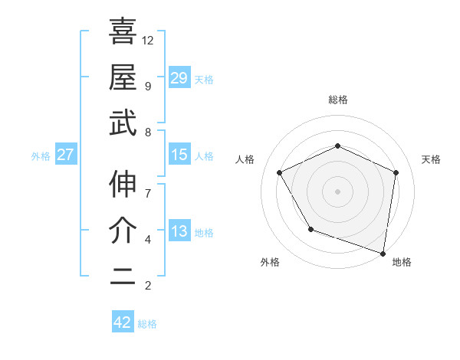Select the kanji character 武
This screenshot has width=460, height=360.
click(x=123, y=123)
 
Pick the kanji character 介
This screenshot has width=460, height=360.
click(x=123, y=230)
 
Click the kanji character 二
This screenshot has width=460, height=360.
click(x=123, y=277)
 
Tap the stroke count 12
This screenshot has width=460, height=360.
click(x=149, y=40)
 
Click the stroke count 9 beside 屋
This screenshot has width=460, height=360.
click(x=147, y=86)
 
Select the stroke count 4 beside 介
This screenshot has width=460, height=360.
click(x=147, y=240)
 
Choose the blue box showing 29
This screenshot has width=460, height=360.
click(x=179, y=77)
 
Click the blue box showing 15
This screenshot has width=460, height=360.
click(x=179, y=155)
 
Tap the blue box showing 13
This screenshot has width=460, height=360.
click(x=179, y=231)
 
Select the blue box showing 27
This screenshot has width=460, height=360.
click(x=66, y=155)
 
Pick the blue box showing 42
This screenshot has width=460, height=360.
click(x=123, y=322)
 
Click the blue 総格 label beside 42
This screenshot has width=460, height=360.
click(x=147, y=324)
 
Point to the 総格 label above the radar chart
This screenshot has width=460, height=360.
click(x=338, y=100)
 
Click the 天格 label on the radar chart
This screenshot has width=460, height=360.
click(x=431, y=159)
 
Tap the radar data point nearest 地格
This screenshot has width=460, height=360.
click(x=383, y=253)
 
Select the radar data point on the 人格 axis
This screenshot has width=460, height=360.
click(x=280, y=172)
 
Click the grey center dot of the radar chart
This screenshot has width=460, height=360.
click(x=337, y=191)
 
